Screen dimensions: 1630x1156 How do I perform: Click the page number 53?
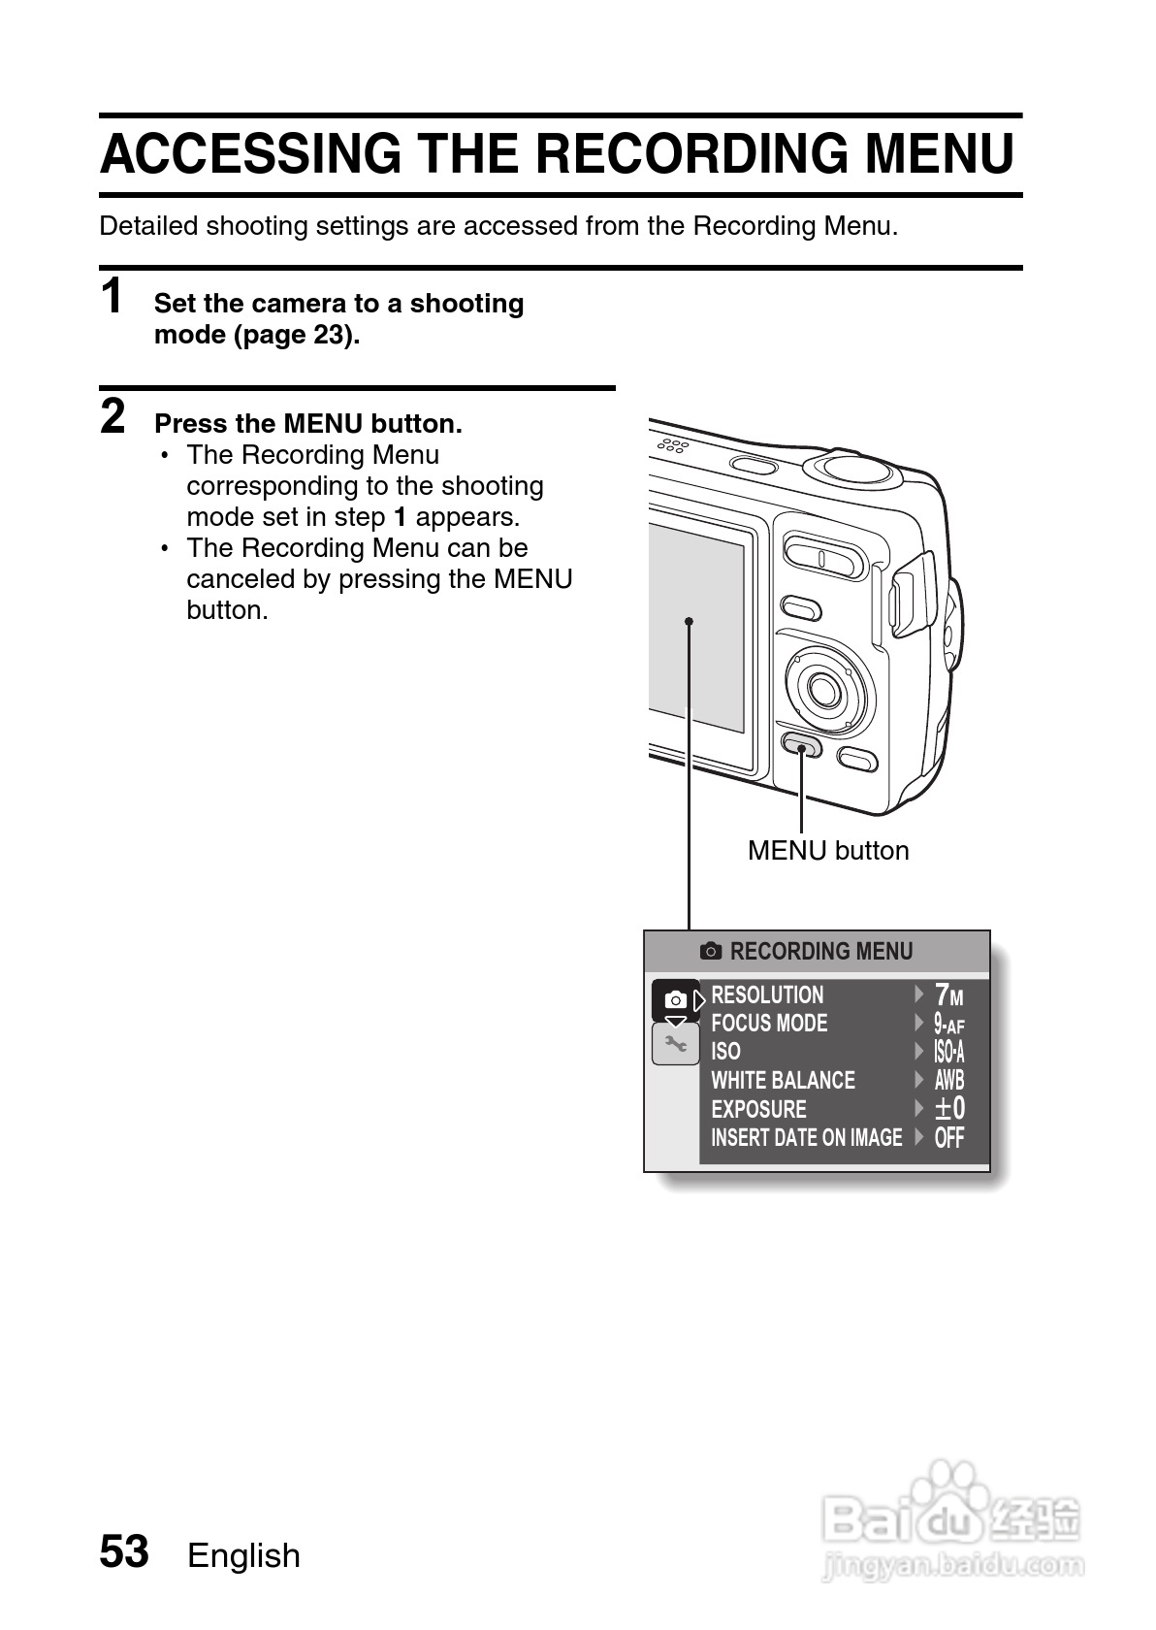coord(124,1551)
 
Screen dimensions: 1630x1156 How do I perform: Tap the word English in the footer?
coord(243,1555)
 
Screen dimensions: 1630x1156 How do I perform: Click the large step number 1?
coord(112,297)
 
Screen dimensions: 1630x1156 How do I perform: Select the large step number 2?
coord(113,417)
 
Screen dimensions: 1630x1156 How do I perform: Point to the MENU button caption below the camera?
coord(828,851)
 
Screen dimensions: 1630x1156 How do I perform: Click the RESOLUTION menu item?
coord(767,994)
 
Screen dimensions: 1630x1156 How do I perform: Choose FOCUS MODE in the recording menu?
coord(769,1023)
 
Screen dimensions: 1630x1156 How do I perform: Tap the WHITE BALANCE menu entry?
coord(783,1080)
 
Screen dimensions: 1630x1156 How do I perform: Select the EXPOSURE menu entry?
coord(758,1109)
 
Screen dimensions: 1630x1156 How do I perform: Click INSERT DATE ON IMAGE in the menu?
coord(806,1137)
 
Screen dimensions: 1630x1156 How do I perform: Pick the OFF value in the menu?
coord(948,1137)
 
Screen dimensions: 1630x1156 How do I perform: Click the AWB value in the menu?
coord(948,1080)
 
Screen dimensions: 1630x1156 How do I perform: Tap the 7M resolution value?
coord(948,994)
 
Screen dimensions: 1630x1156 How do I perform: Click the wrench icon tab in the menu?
coord(675,1044)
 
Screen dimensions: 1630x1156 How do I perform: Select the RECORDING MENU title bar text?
coord(820,952)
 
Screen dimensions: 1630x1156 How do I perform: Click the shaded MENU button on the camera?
coord(801,747)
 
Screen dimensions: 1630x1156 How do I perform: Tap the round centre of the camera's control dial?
coord(823,690)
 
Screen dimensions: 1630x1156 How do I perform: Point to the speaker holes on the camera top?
coord(673,445)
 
